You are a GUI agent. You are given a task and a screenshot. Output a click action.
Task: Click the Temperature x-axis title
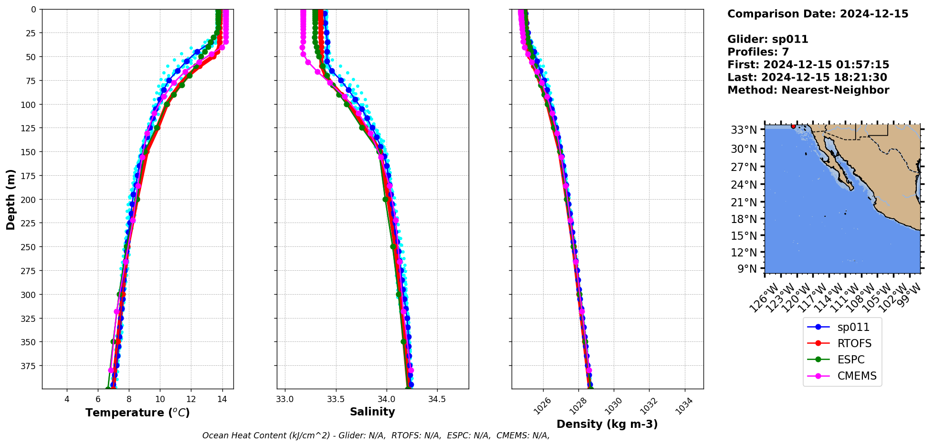(137, 413)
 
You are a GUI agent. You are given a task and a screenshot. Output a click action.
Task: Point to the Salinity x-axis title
(372, 412)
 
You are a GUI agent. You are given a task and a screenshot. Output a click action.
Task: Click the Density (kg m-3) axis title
(607, 424)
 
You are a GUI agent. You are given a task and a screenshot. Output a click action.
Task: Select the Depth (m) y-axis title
(11, 199)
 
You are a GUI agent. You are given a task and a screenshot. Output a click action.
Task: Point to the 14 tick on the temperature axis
(222, 399)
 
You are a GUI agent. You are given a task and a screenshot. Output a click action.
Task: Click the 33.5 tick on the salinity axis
(336, 399)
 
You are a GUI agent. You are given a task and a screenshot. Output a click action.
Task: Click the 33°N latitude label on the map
(744, 130)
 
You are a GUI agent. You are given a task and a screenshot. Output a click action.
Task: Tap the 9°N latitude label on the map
(747, 269)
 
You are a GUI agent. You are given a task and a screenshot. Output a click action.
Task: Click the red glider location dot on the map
(793, 126)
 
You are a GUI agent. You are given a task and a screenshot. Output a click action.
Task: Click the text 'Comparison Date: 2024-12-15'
(818, 14)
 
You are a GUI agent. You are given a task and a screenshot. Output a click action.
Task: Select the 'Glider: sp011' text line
(767, 39)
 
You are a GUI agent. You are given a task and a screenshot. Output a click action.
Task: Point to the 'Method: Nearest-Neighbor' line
(808, 90)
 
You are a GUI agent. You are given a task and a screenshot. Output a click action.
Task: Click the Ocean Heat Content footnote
(376, 435)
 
